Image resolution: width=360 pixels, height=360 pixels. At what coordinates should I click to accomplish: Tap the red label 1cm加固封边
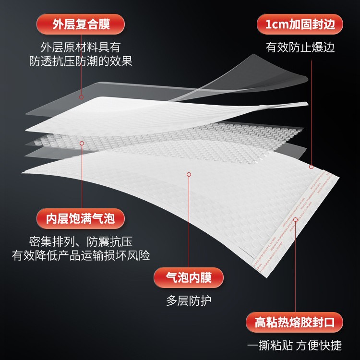click(300, 24)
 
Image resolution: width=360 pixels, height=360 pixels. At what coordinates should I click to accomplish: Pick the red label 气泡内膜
click(189, 277)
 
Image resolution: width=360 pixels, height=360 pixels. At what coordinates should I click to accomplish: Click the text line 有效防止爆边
click(300, 48)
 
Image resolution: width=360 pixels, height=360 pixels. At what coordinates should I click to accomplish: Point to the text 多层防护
click(189, 301)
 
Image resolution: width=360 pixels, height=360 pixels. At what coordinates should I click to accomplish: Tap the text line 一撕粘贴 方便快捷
click(294, 345)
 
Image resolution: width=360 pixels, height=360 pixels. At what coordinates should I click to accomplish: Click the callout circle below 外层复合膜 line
click(82, 97)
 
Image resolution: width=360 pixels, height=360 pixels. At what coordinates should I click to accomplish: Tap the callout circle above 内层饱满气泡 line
click(82, 143)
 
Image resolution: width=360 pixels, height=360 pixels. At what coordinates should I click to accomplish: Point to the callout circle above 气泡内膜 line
click(189, 174)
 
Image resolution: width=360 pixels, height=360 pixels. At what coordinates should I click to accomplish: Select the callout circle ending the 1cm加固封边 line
click(311, 167)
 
